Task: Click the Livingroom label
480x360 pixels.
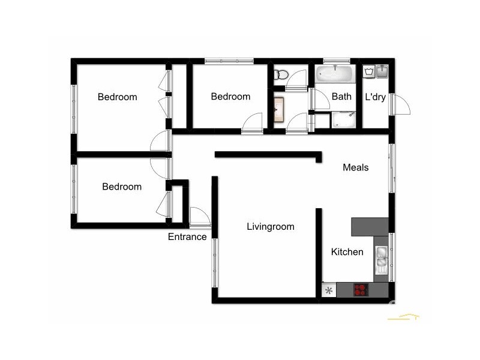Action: coord(271,227)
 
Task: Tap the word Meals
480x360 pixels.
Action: coord(355,167)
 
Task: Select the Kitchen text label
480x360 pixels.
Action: coord(347,252)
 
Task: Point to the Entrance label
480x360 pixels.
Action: coord(187,237)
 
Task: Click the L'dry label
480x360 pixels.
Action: coord(375,97)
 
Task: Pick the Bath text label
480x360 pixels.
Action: coord(341,96)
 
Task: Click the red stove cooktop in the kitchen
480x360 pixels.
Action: coord(361,290)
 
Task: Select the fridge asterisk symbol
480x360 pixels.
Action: coord(328,291)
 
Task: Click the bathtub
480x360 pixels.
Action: coord(336,74)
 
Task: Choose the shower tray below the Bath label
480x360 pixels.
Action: coord(344,119)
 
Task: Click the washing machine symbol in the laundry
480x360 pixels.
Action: coord(369,72)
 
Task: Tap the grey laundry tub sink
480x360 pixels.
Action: coord(382,72)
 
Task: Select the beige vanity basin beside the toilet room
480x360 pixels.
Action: coord(278,110)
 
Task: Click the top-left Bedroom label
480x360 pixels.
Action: coord(118,97)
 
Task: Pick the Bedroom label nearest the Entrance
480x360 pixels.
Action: coord(122,187)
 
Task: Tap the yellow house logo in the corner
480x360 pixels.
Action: coord(403,316)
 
